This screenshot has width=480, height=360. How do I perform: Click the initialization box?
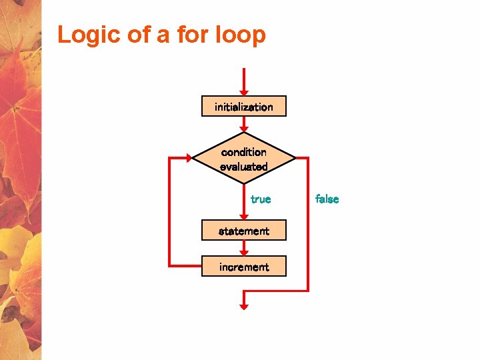click(244, 107)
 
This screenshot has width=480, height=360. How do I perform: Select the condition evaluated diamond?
click(244, 159)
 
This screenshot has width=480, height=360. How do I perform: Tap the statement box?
click(244, 231)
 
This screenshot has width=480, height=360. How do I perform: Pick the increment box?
click(244, 267)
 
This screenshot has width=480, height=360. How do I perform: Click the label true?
click(261, 199)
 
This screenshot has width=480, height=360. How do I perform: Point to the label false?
click(327, 199)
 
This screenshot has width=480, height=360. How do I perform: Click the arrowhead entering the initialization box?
click(244, 92)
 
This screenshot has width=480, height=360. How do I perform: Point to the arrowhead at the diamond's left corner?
click(189, 159)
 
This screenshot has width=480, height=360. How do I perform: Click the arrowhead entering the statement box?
click(244, 216)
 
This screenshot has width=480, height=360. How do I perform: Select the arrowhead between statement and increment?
click(244, 252)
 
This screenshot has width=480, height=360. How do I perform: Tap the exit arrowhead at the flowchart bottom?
click(244, 306)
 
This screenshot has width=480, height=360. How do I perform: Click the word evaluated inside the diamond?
click(244, 167)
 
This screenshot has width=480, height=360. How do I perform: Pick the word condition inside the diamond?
click(244, 152)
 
